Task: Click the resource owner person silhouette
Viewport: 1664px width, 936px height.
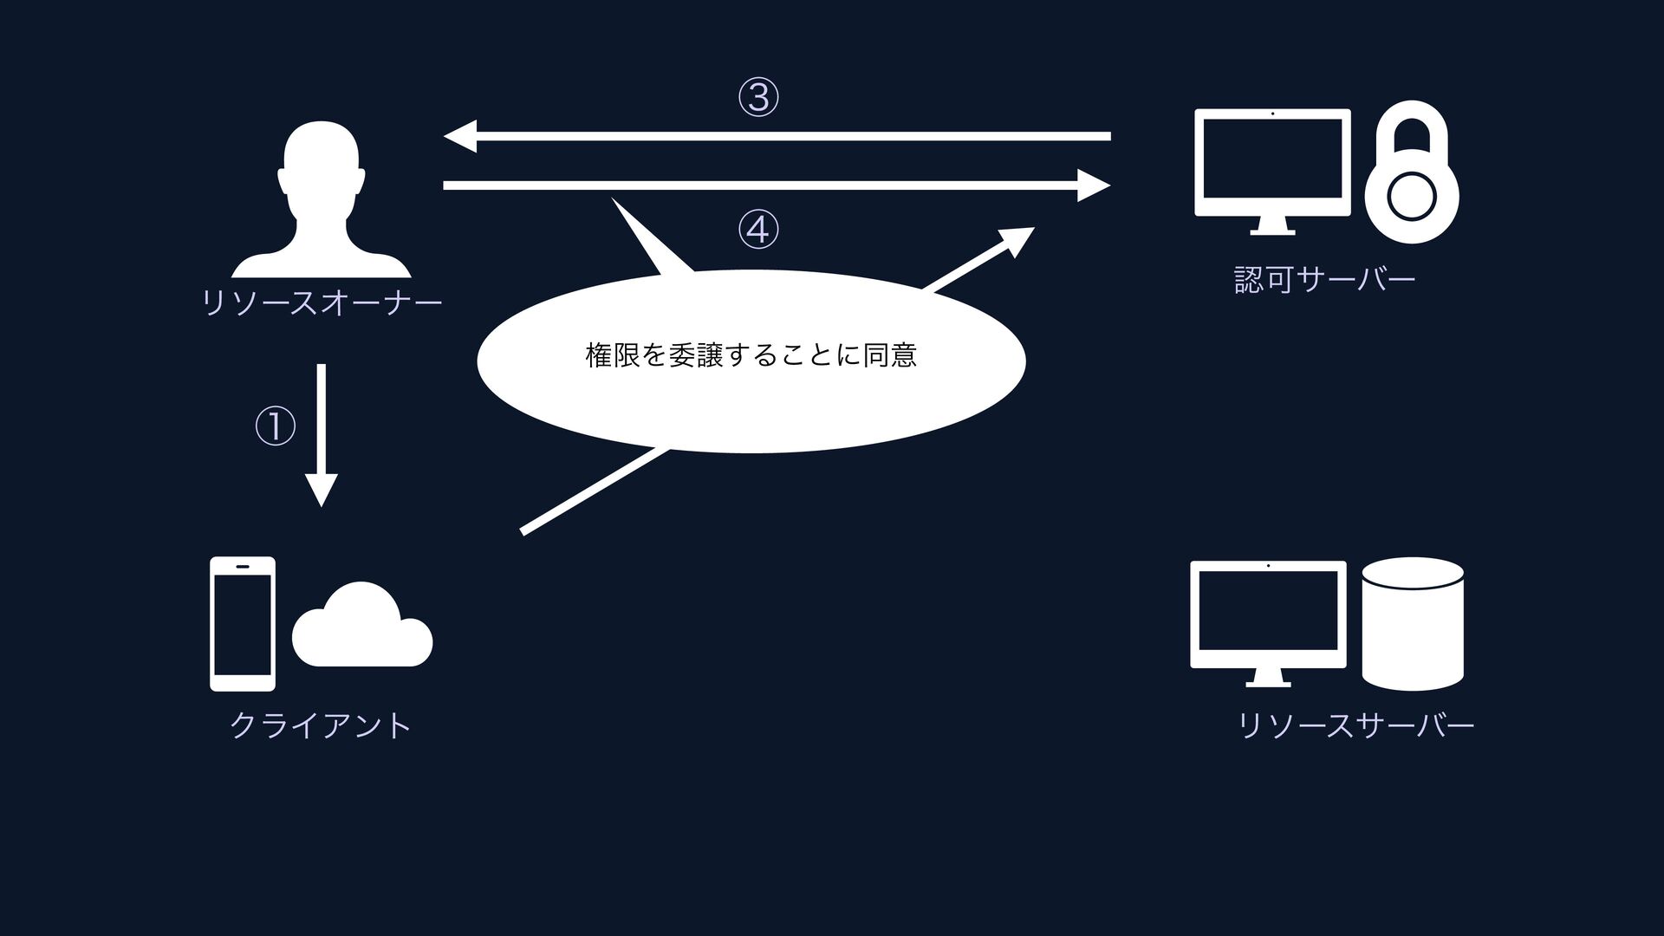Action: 322,199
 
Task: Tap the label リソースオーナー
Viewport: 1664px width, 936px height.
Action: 322,302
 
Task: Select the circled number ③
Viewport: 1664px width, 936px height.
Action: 758,97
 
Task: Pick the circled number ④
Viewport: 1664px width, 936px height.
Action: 758,230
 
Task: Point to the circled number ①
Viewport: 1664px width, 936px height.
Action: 275,426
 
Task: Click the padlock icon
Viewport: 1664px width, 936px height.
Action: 1411,173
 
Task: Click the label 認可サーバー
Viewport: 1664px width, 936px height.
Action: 1324,279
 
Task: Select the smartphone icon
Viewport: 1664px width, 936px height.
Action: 243,623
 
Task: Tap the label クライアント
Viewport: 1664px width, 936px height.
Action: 321,725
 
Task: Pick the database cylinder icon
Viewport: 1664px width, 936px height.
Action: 1413,623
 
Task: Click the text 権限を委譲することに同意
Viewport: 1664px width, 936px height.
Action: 751,355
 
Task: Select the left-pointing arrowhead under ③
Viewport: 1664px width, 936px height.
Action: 460,136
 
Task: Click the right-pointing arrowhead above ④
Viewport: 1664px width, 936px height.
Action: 1093,185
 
